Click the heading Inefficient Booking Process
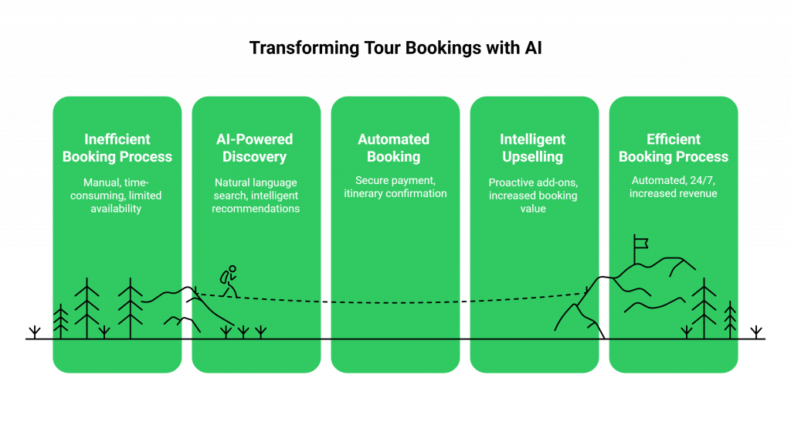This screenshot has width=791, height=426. pos(117,148)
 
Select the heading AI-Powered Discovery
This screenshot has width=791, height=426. pos(255,148)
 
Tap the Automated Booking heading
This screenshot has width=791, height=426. pos(394,148)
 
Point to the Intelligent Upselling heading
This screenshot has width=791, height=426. pos(533,148)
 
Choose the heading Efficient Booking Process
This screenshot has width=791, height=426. pos(674,148)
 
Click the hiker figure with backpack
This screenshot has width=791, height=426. pos(229,281)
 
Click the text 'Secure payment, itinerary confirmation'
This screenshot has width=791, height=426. pos(395,187)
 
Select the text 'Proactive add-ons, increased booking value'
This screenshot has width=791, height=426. pos(533,196)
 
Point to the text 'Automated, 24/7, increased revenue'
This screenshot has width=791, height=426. pos(674,187)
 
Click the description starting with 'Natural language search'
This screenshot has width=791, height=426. pos(256,196)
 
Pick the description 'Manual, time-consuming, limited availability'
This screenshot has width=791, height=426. pos(117,196)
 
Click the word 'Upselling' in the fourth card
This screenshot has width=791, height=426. pos(533,157)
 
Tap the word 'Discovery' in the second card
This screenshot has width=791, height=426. pos(255,157)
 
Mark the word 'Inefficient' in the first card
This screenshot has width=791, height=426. pos(117,139)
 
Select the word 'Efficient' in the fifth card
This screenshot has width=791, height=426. pos(674,139)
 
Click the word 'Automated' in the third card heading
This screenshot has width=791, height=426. pos(394,139)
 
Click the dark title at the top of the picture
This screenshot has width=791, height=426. pos(395,48)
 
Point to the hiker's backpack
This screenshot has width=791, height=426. pos(223,277)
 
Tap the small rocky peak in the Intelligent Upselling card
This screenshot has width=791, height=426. pos(575,313)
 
